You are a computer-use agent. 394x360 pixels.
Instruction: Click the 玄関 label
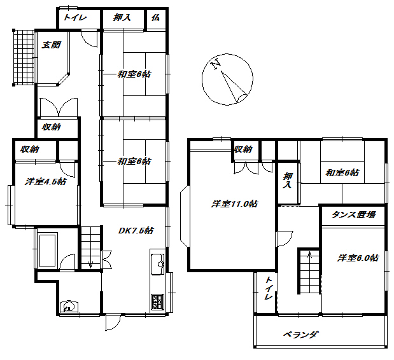52,45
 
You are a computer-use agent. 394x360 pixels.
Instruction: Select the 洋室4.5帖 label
46,182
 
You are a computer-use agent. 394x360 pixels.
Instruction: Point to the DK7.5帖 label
136,231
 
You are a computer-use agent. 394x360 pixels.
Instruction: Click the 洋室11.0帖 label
235,204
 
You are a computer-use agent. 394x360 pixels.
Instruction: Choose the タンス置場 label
353,215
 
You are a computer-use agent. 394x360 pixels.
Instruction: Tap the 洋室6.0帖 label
358,258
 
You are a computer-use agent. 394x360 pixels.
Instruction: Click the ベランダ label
300,335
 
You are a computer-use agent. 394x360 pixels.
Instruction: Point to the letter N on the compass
216,64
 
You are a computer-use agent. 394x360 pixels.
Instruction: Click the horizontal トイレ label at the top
74,18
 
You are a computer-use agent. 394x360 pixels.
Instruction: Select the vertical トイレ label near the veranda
268,289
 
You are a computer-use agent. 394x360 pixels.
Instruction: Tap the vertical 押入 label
288,181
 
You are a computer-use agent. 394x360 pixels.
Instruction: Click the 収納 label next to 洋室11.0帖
243,149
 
